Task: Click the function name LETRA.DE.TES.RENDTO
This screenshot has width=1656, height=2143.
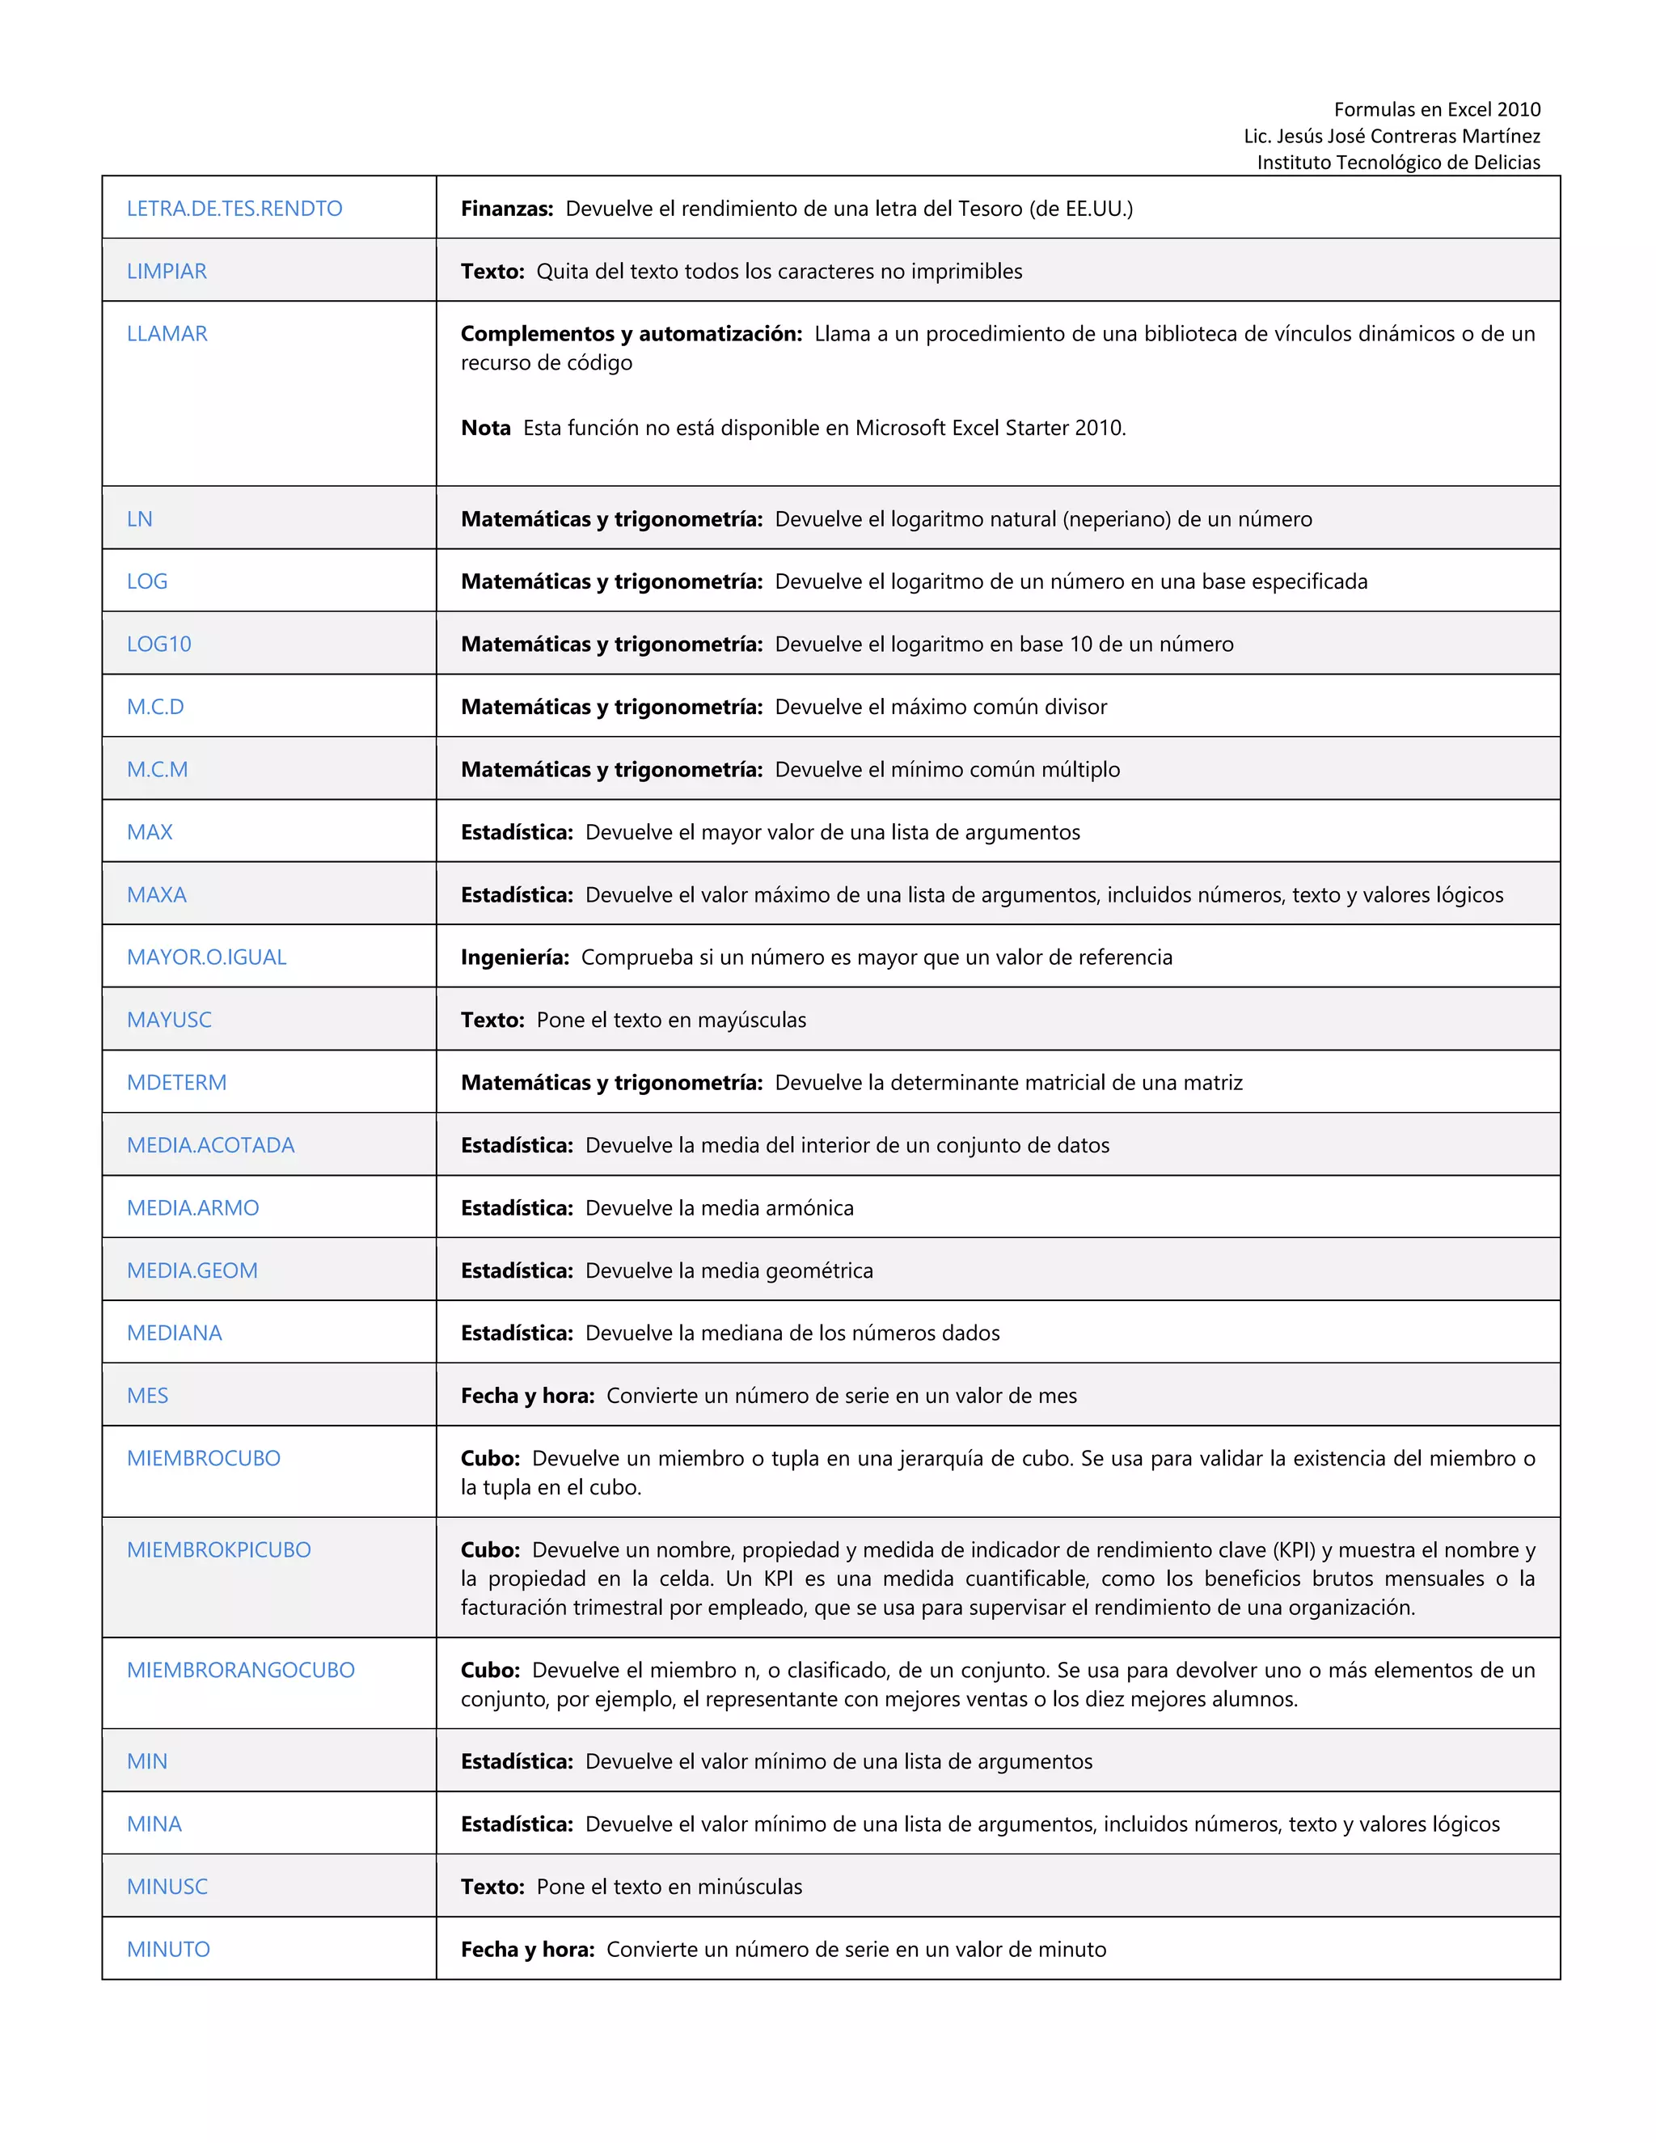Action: coord(234,208)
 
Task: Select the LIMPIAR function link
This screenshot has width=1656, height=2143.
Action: coord(167,271)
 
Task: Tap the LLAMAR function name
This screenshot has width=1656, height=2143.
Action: coord(167,334)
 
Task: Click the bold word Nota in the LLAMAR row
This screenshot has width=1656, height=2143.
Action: coord(486,428)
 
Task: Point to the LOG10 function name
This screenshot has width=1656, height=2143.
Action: coord(159,644)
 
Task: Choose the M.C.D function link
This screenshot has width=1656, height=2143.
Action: coord(155,707)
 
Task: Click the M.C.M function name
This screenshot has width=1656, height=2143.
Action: coord(157,769)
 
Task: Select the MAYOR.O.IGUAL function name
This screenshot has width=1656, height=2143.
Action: coord(206,957)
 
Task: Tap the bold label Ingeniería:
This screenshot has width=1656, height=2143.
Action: coord(515,957)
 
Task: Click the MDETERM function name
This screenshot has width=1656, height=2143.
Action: coord(176,1082)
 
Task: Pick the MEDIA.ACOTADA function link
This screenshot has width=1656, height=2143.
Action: coord(210,1145)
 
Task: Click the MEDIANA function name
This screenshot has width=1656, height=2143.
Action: coord(175,1333)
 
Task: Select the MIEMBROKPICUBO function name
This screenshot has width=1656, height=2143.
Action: coord(219,1549)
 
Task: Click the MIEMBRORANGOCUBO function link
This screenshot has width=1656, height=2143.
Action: coord(240,1670)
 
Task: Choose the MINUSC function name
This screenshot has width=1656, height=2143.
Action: coord(167,1886)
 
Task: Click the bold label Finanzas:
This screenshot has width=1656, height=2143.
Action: coord(507,208)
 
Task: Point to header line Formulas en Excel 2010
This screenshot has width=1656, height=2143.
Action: coord(1436,109)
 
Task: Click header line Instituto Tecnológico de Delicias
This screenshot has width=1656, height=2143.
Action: coord(1398,162)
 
